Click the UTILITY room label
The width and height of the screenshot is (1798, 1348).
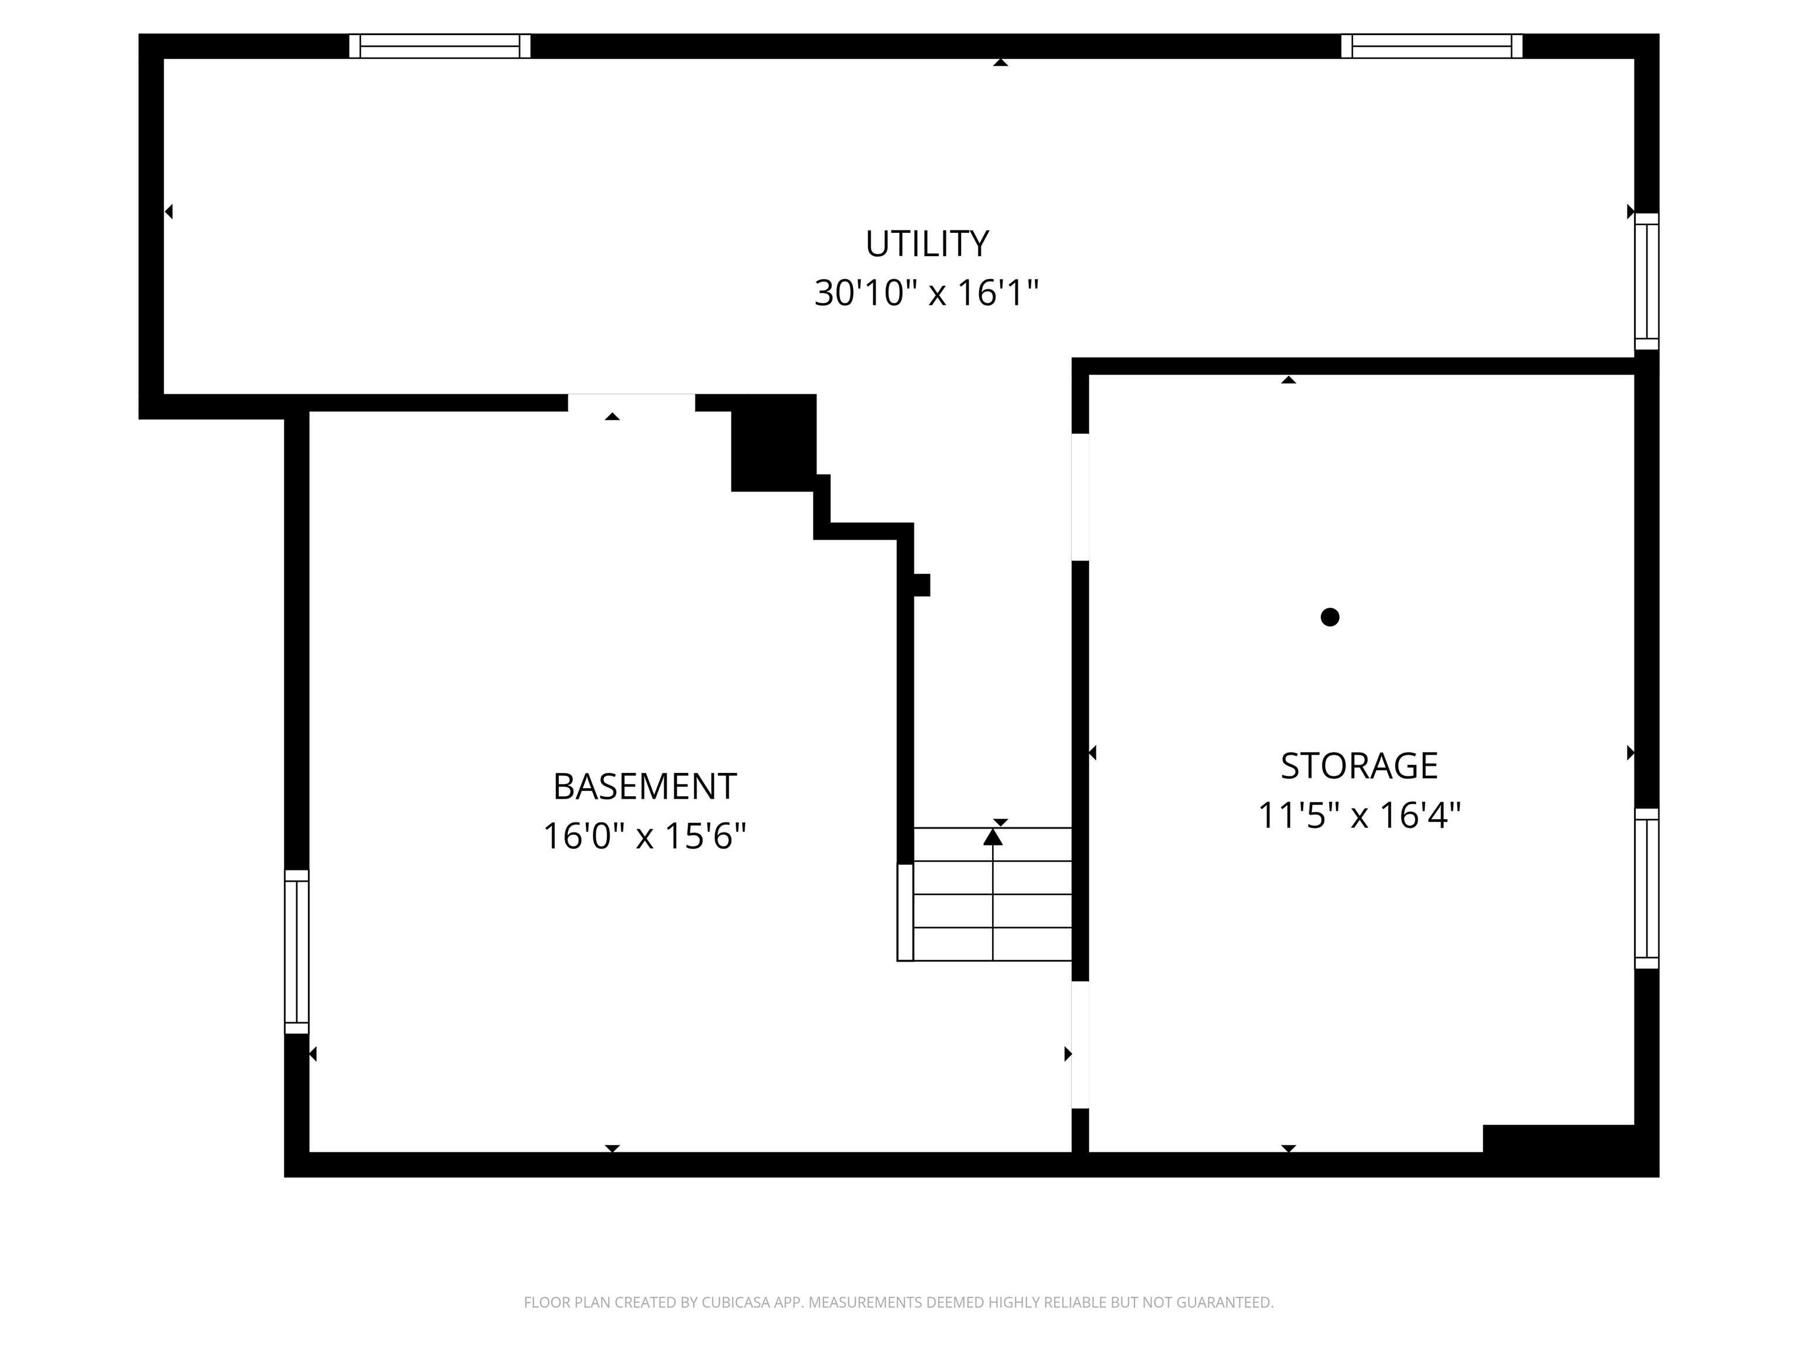pos(927,244)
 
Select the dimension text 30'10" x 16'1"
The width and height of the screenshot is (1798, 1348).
pos(927,293)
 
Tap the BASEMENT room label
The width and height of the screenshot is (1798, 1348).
pos(644,786)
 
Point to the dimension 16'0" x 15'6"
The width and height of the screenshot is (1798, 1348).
pos(644,836)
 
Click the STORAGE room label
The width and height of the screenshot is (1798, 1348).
pos(1359,765)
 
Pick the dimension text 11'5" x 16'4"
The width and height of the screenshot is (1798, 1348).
pos(1359,815)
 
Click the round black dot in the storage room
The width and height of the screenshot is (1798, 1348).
pos(1330,617)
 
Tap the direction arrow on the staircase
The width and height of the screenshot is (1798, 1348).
pos(993,837)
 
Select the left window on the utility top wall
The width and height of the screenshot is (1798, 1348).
pos(440,46)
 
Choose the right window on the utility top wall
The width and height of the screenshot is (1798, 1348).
pos(1432,46)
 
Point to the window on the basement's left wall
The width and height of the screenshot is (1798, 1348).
pos(297,951)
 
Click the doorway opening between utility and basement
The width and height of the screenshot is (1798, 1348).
pos(632,403)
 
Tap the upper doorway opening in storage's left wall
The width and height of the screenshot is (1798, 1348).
pos(1080,497)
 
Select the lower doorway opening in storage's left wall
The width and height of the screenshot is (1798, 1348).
pos(1080,1045)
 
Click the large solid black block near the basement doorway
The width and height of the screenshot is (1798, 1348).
pos(773,443)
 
